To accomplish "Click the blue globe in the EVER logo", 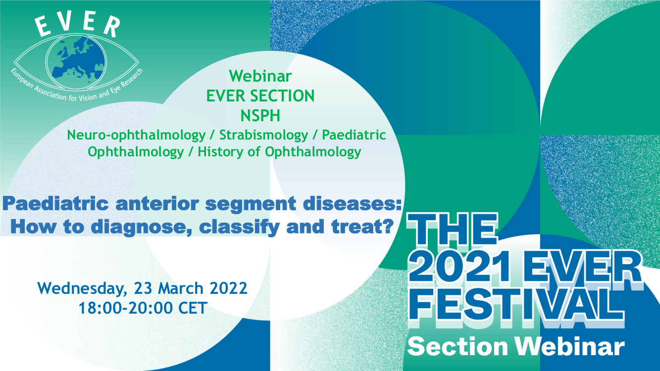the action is click(x=76, y=63).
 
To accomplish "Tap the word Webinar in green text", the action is click(x=260, y=76).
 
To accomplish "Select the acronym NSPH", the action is click(x=260, y=115).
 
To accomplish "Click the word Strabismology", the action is click(x=264, y=135).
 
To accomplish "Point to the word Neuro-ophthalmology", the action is click(x=136, y=136).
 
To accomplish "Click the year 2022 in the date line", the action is click(x=228, y=288).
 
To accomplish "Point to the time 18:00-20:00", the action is click(x=126, y=308).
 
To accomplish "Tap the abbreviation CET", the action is click(x=193, y=308).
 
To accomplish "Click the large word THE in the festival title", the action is click(x=453, y=230).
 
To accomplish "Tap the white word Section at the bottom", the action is click(x=457, y=347).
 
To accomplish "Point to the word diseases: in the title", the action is click(x=350, y=204).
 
